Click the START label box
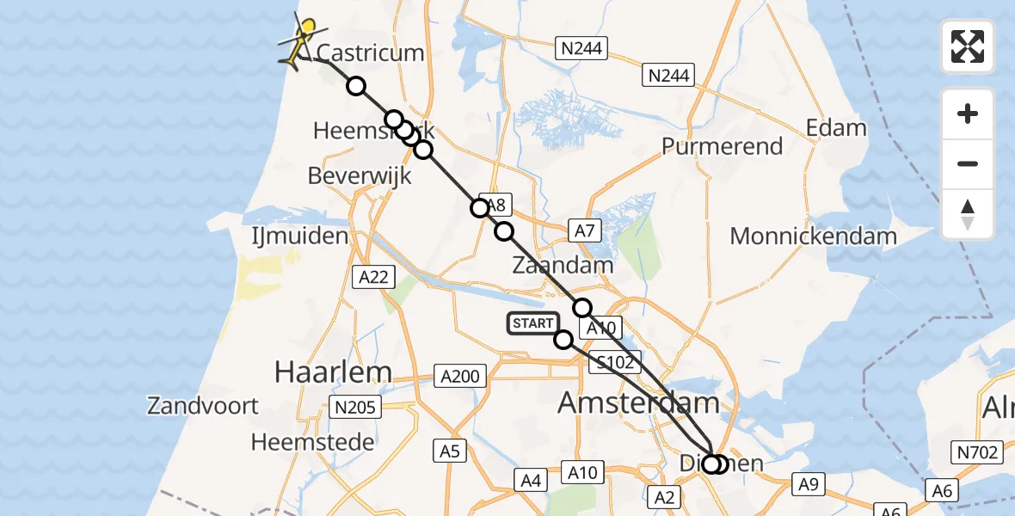[532, 323]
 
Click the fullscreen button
[968, 46]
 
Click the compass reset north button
[968, 214]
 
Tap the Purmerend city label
[722, 146]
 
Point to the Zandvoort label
[203, 405]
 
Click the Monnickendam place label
[813, 236]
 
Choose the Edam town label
[836, 129]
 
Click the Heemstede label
[313, 442]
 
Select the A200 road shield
[460, 376]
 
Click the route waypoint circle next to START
[564, 340]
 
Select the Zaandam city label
[563, 265]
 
